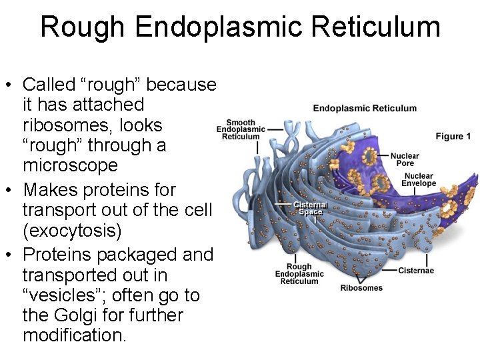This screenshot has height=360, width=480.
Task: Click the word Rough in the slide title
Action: pyautogui.click(x=83, y=27)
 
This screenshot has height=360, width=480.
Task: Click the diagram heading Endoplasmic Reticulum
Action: pyautogui.click(x=365, y=108)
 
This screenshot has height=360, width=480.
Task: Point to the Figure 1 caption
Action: pyautogui.click(x=453, y=136)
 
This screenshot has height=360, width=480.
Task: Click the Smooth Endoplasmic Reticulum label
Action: pyautogui.click(x=241, y=129)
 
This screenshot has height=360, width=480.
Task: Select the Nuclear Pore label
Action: pyautogui.click(x=405, y=159)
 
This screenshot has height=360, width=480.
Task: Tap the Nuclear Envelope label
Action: pyautogui.click(x=419, y=180)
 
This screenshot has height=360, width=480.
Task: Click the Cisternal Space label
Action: pyautogui.click(x=311, y=208)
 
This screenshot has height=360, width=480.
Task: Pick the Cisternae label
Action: pyautogui.click(x=416, y=270)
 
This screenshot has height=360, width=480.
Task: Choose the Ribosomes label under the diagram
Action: pyautogui.click(x=361, y=288)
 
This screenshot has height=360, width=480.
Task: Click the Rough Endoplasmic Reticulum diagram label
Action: pyautogui.click(x=299, y=274)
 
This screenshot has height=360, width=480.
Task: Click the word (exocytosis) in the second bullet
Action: pyautogui.click(x=72, y=231)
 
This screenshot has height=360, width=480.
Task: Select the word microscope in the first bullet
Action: pyautogui.click(x=70, y=165)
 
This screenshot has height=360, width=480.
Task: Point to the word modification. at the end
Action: pyautogui.click(x=74, y=335)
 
